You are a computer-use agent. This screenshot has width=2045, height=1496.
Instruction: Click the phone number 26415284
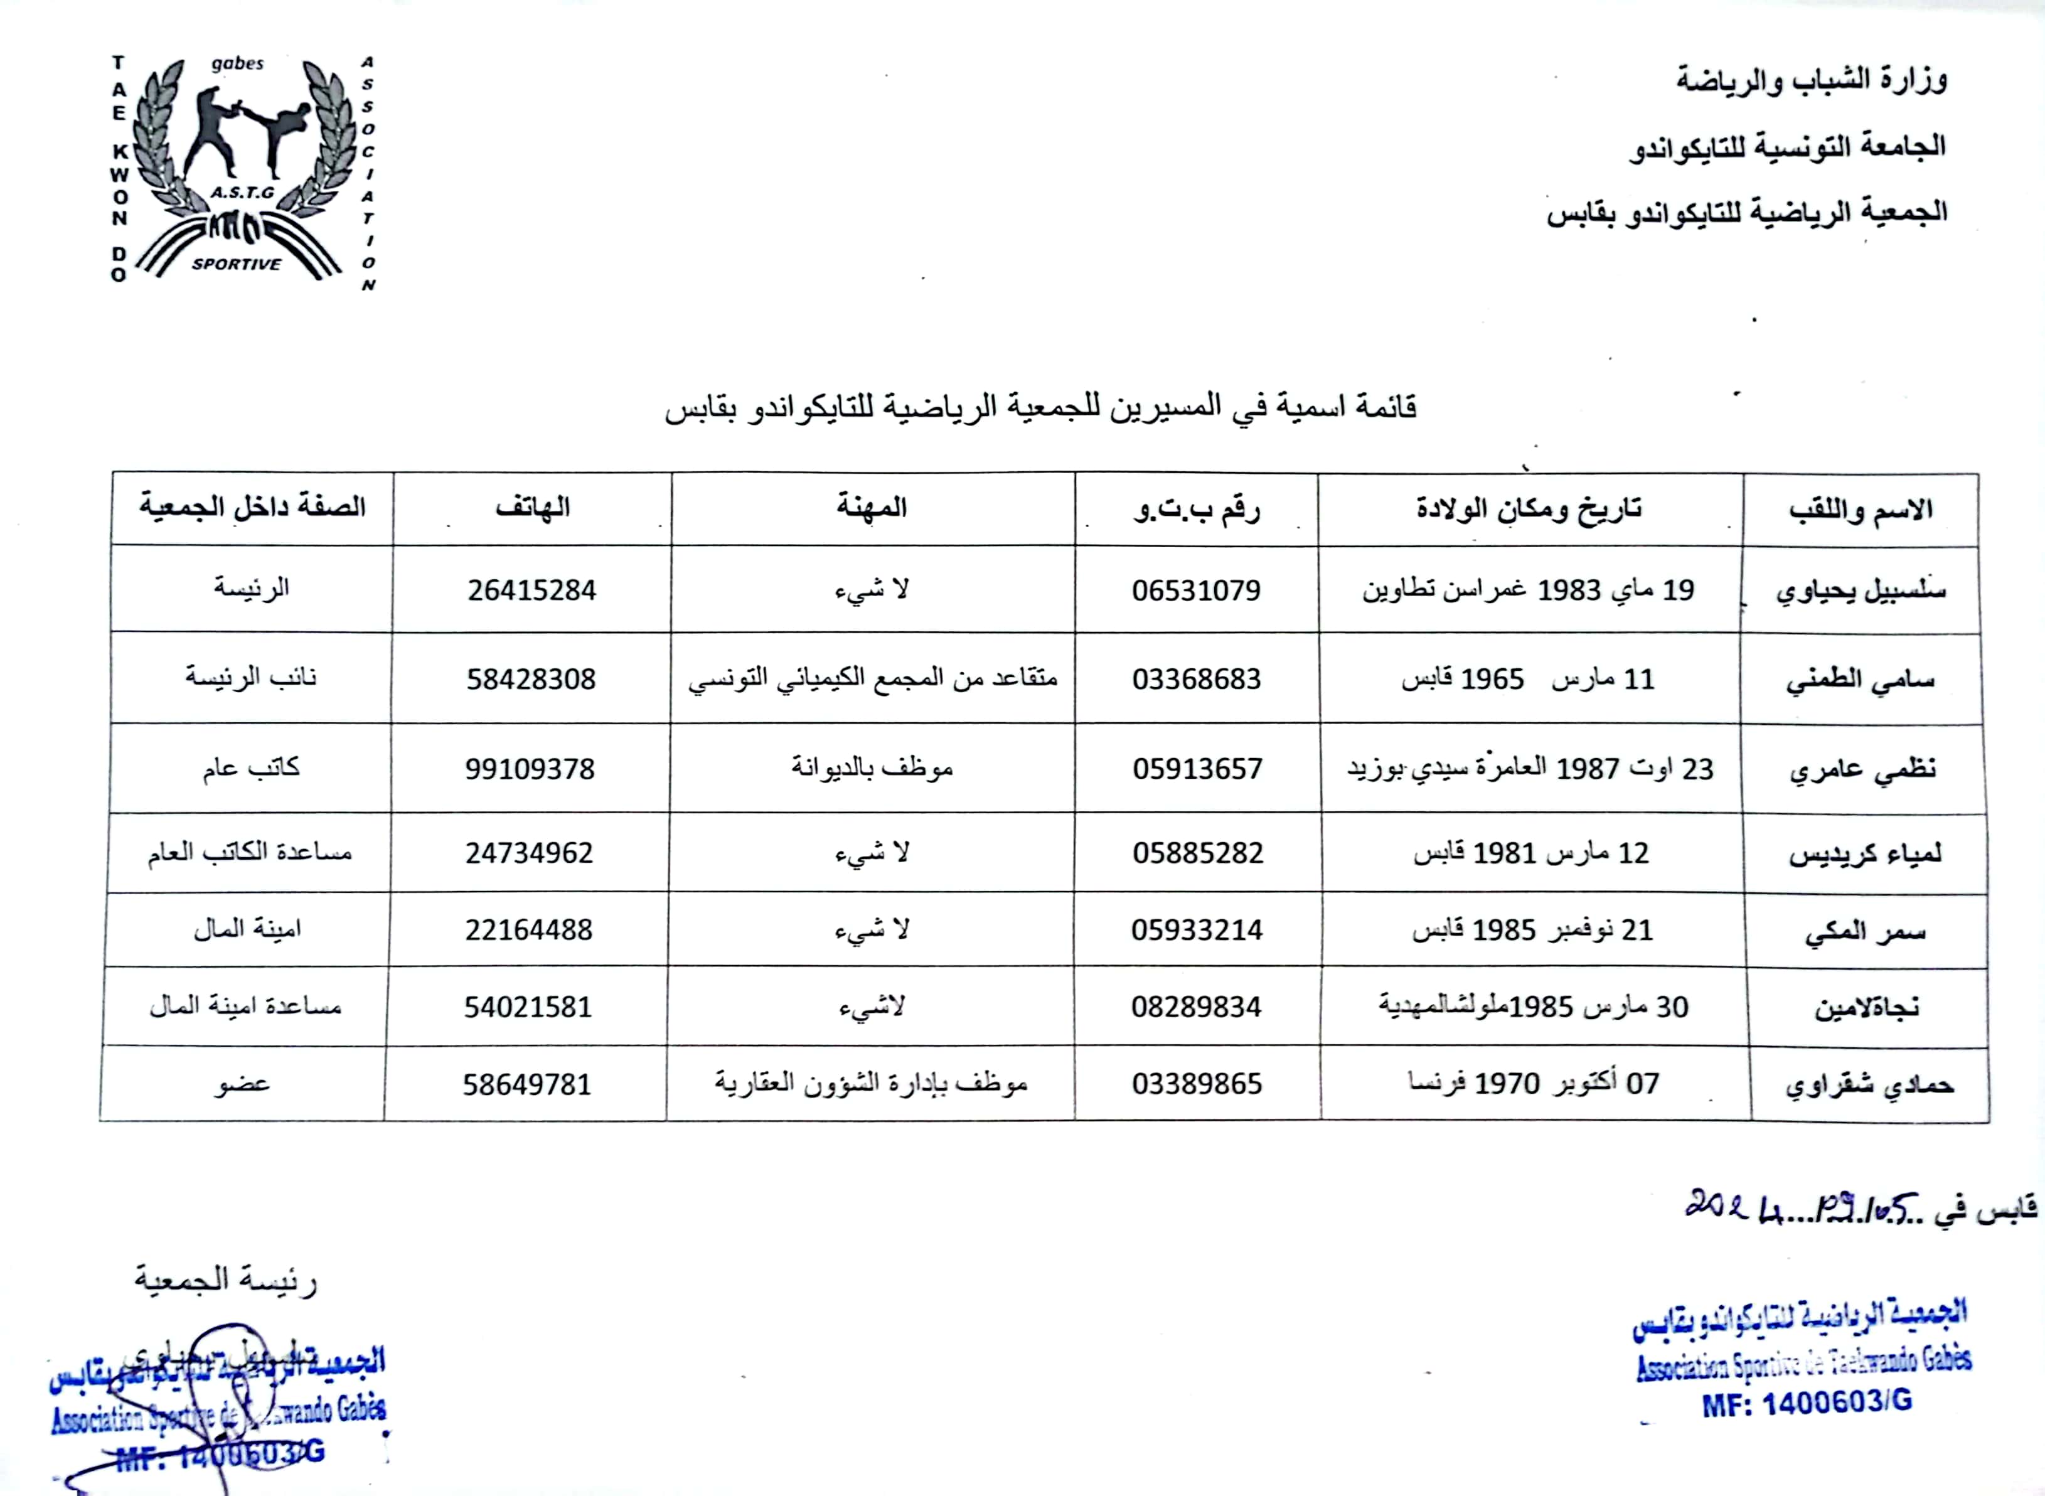[531, 590]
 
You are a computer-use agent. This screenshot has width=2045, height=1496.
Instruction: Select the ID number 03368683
[1196, 679]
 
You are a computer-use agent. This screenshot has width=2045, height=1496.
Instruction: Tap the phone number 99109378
[530, 769]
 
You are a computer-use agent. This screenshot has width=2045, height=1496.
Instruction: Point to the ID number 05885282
[1197, 853]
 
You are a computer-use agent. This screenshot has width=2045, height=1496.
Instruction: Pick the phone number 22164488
[529, 930]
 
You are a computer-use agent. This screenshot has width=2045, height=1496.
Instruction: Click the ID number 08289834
[1196, 1007]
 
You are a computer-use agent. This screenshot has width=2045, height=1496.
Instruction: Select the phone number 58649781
[527, 1084]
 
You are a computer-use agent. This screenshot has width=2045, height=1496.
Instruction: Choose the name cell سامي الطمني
[1861, 679]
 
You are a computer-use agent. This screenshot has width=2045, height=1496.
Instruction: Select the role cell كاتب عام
[251, 768]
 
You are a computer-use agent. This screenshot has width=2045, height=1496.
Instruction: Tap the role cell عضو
[242, 1084]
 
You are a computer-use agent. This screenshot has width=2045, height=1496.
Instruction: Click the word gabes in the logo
[237, 64]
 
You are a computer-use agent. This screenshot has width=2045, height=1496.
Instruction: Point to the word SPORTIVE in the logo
[237, 264]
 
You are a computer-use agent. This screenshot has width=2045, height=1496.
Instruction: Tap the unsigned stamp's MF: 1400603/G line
[1807, 1402]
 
